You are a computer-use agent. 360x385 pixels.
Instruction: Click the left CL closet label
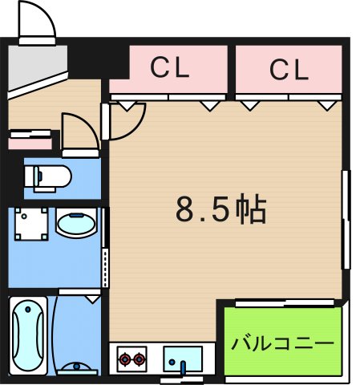[170, 69]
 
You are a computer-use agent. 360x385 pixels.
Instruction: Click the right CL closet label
[289, 71]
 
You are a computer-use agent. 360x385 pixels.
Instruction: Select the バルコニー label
[282, 343]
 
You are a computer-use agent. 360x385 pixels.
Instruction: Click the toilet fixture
[48, 175]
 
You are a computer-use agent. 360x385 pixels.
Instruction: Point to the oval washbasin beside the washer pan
[75, 224]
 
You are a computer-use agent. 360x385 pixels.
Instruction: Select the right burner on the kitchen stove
[140, 358]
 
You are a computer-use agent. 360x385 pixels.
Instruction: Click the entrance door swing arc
[38, 20]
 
